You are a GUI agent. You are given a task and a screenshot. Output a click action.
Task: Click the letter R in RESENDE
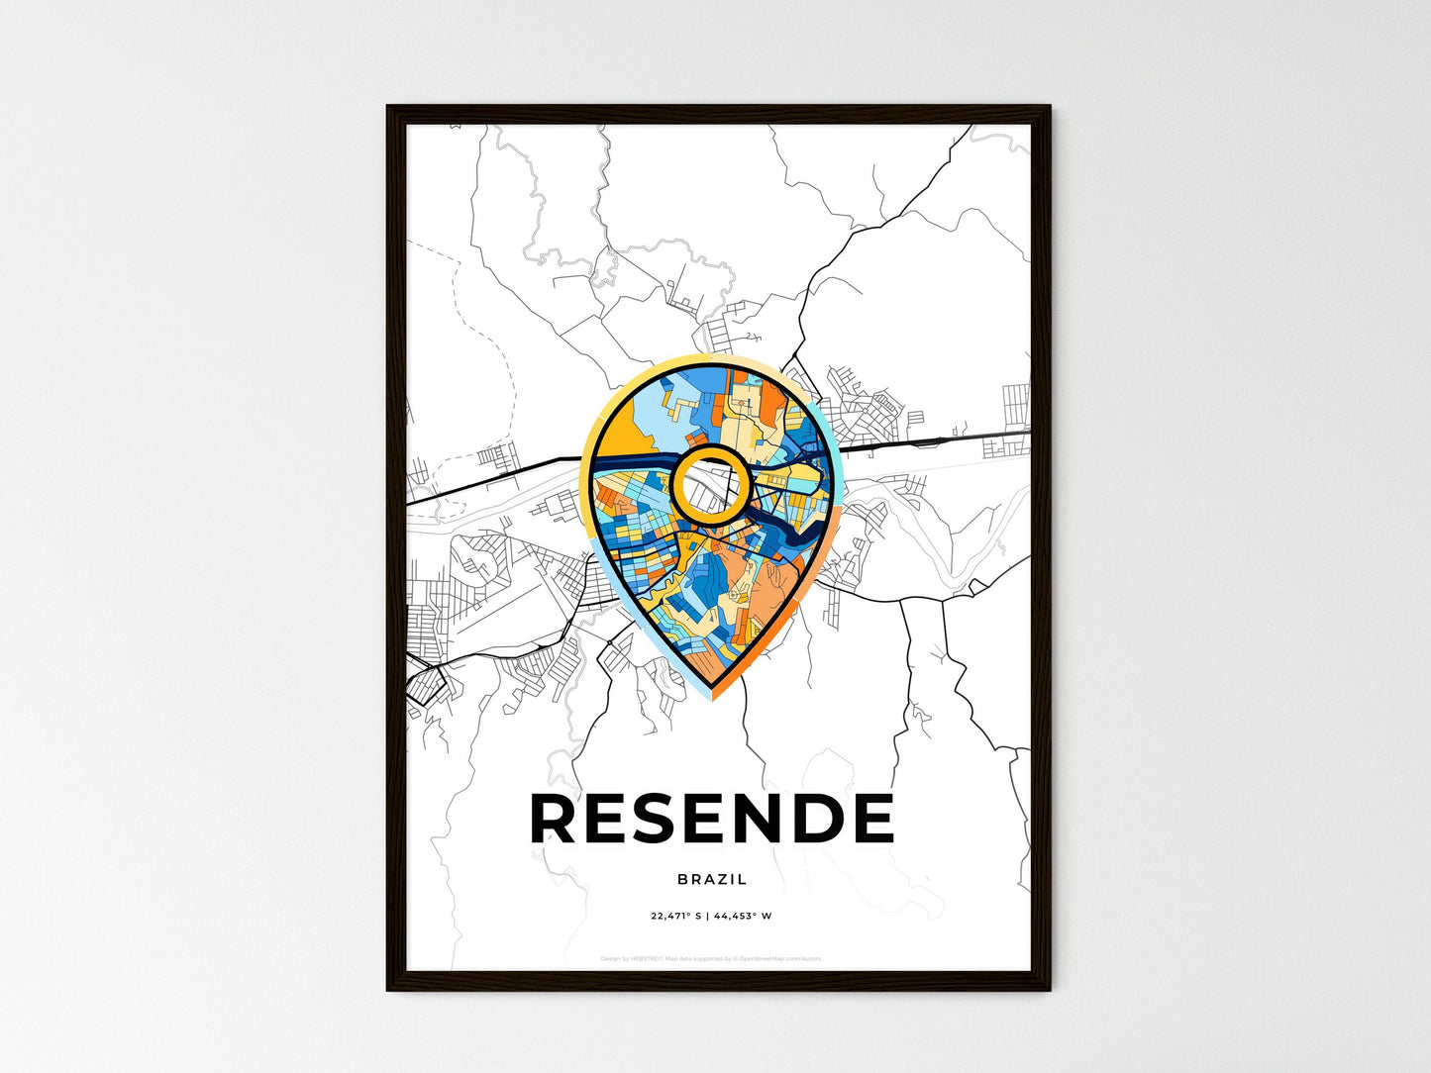click(555, 819)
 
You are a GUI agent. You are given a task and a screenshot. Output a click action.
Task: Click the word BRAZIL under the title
click(712, 879)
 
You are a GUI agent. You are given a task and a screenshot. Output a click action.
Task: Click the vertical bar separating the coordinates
click(707, 917)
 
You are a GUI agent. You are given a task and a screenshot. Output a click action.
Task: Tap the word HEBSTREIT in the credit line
click(647, 958)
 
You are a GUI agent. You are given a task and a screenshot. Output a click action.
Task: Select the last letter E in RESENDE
click(870, 819)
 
